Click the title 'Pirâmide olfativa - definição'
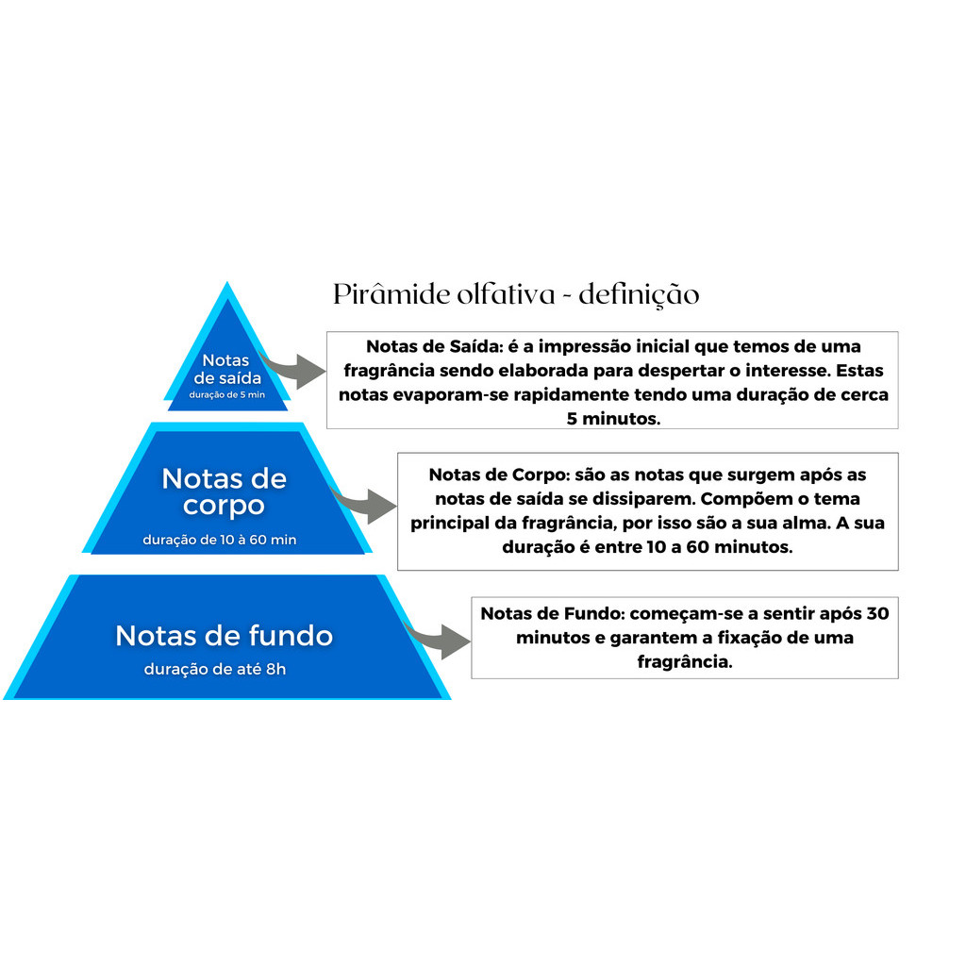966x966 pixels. pos(516,294)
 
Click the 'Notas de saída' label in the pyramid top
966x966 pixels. pos(226,369)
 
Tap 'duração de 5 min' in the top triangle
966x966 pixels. pos(226,394)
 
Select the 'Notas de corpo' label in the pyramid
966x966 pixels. pos(224,491)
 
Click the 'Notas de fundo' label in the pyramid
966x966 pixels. pos(224,636)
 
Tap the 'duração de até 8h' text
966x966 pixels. pos(214,669)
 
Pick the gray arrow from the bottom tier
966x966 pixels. pos(441,639)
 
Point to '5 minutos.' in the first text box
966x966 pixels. pos(613,419)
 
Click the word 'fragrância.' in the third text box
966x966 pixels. pos(685,662)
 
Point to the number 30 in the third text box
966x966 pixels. pos(876,613)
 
